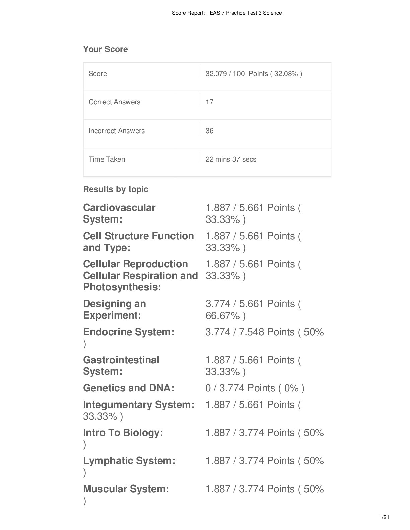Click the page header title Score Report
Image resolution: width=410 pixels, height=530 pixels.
pyautogui.click(x=227, y=13)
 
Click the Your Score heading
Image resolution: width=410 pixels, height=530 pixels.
pyautogui.click(x=106, y=49)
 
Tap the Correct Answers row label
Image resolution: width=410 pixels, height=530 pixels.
pyautogui.click(x=115, y=102)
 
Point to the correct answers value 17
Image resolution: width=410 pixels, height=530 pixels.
pyautogui.click(x=210, y=102)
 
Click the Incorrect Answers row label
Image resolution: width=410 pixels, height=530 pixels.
pyautogui.click(x=117, y=131)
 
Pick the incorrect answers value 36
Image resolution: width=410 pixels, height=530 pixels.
pyautogui.click(x=210, y=131)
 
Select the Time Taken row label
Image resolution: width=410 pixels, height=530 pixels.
pyautogui.click(x=107, y=159)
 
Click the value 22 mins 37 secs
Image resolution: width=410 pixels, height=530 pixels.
pyautogui.click(x=231, y=159)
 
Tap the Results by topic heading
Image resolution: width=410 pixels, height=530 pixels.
pyautogui.click(x=116, y=189)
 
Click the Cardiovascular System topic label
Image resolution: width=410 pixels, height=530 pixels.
pyautogui.click(x=119, y=213)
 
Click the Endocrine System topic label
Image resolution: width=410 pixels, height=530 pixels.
pyautogui.click(x=129, y=332)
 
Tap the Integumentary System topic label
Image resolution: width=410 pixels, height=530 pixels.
pyautogui.click(x=139, y=405)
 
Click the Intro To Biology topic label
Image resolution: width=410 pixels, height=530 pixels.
pyautogui.click(x=123, y=433)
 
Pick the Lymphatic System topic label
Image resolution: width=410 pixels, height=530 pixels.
pyautogui.click(x=129, y=461)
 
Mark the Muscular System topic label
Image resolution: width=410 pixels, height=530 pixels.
pyautogui.click(x=126, y=489)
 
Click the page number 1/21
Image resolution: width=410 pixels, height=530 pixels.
pyautogui.click(x=384, y=517)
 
